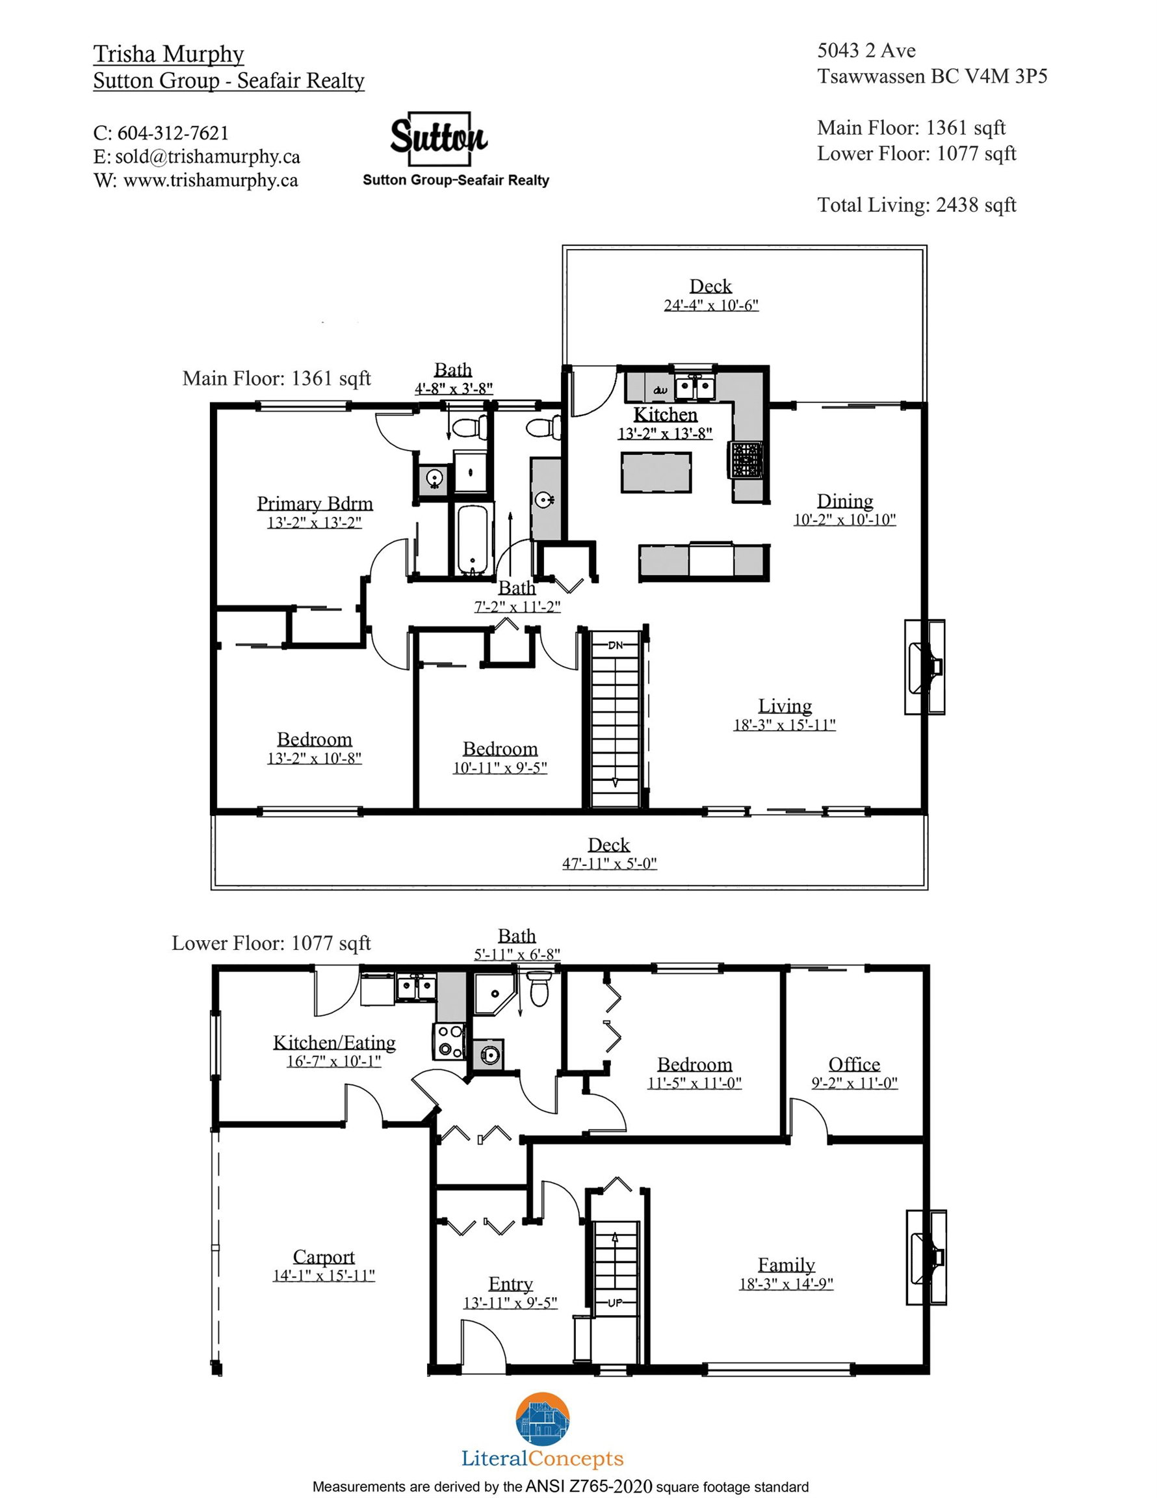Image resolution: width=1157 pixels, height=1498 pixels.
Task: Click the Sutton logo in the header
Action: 439,138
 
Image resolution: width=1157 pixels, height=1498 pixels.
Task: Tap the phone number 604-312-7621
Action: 173,133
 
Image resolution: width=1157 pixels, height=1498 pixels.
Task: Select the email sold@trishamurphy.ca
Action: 207,157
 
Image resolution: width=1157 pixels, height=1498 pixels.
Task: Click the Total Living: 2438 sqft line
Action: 916,205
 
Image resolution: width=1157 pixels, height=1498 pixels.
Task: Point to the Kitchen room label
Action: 665,415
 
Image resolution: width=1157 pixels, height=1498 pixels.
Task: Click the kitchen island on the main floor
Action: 656,472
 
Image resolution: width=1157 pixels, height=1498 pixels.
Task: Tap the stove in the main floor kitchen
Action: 746,460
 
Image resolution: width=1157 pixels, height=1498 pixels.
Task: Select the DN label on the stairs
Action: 615,646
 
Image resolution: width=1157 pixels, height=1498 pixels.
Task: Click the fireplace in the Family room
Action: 926,1257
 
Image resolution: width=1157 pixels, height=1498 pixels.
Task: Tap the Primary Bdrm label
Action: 315,503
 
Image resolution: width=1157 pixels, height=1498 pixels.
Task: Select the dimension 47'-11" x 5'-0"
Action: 609,863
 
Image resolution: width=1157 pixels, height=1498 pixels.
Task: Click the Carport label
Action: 324,1257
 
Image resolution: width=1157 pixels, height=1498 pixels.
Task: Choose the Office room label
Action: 854,1064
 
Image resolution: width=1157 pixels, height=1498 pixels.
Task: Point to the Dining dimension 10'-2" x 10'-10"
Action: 844,520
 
